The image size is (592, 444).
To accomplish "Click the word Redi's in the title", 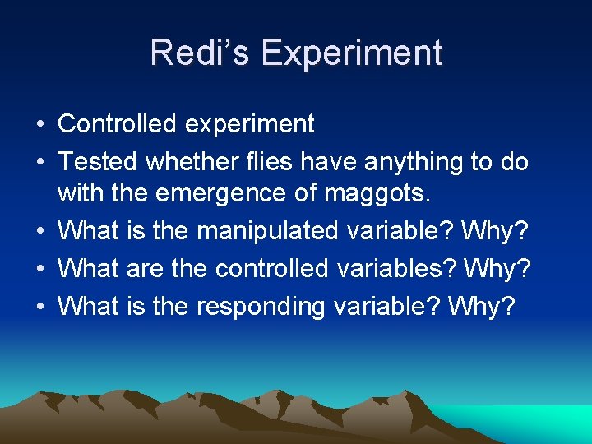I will click(x=200, y=53).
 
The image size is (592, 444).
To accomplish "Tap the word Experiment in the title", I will click(x=352, y=53).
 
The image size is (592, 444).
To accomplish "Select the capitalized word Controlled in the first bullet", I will click(x=118, y=123).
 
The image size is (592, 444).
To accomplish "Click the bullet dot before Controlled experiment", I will click(x=39, y=124).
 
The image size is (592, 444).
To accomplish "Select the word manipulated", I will click(x=266, y=231).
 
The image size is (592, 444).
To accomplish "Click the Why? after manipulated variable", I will click(x=495, y=231).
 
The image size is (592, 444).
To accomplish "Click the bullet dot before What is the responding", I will click(x=39, y=307).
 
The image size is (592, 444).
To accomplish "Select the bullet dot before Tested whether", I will click(x=39, y=163).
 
